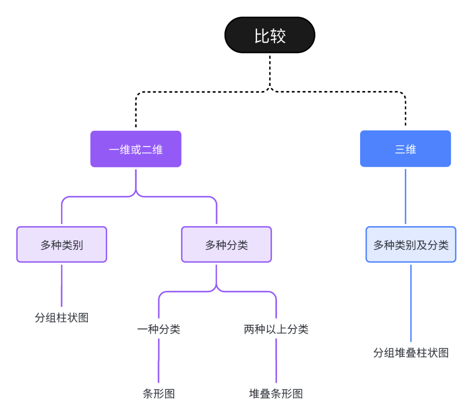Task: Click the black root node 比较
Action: pos(270,35)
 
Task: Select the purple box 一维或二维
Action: pos(136,149)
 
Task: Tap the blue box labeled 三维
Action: pos(405,149)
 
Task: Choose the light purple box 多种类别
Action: pos(62,245)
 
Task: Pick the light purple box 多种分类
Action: pos(226,245)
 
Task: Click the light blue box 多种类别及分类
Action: pos(411,245)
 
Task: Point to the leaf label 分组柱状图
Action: pos(62,318)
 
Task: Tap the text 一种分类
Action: pos(159,329)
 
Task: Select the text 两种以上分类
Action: pos(276,329)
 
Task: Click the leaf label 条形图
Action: pos(159,393)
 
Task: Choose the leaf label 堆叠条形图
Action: pos(276,393)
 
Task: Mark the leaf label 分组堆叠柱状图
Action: pos(411,353)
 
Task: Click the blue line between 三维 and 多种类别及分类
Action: pos(406,197)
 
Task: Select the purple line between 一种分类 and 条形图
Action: pos(159,361)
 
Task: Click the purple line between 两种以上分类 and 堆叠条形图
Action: pos(276,361)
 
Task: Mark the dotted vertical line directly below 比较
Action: pos(270,70)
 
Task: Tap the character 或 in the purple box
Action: pos(136,150)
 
